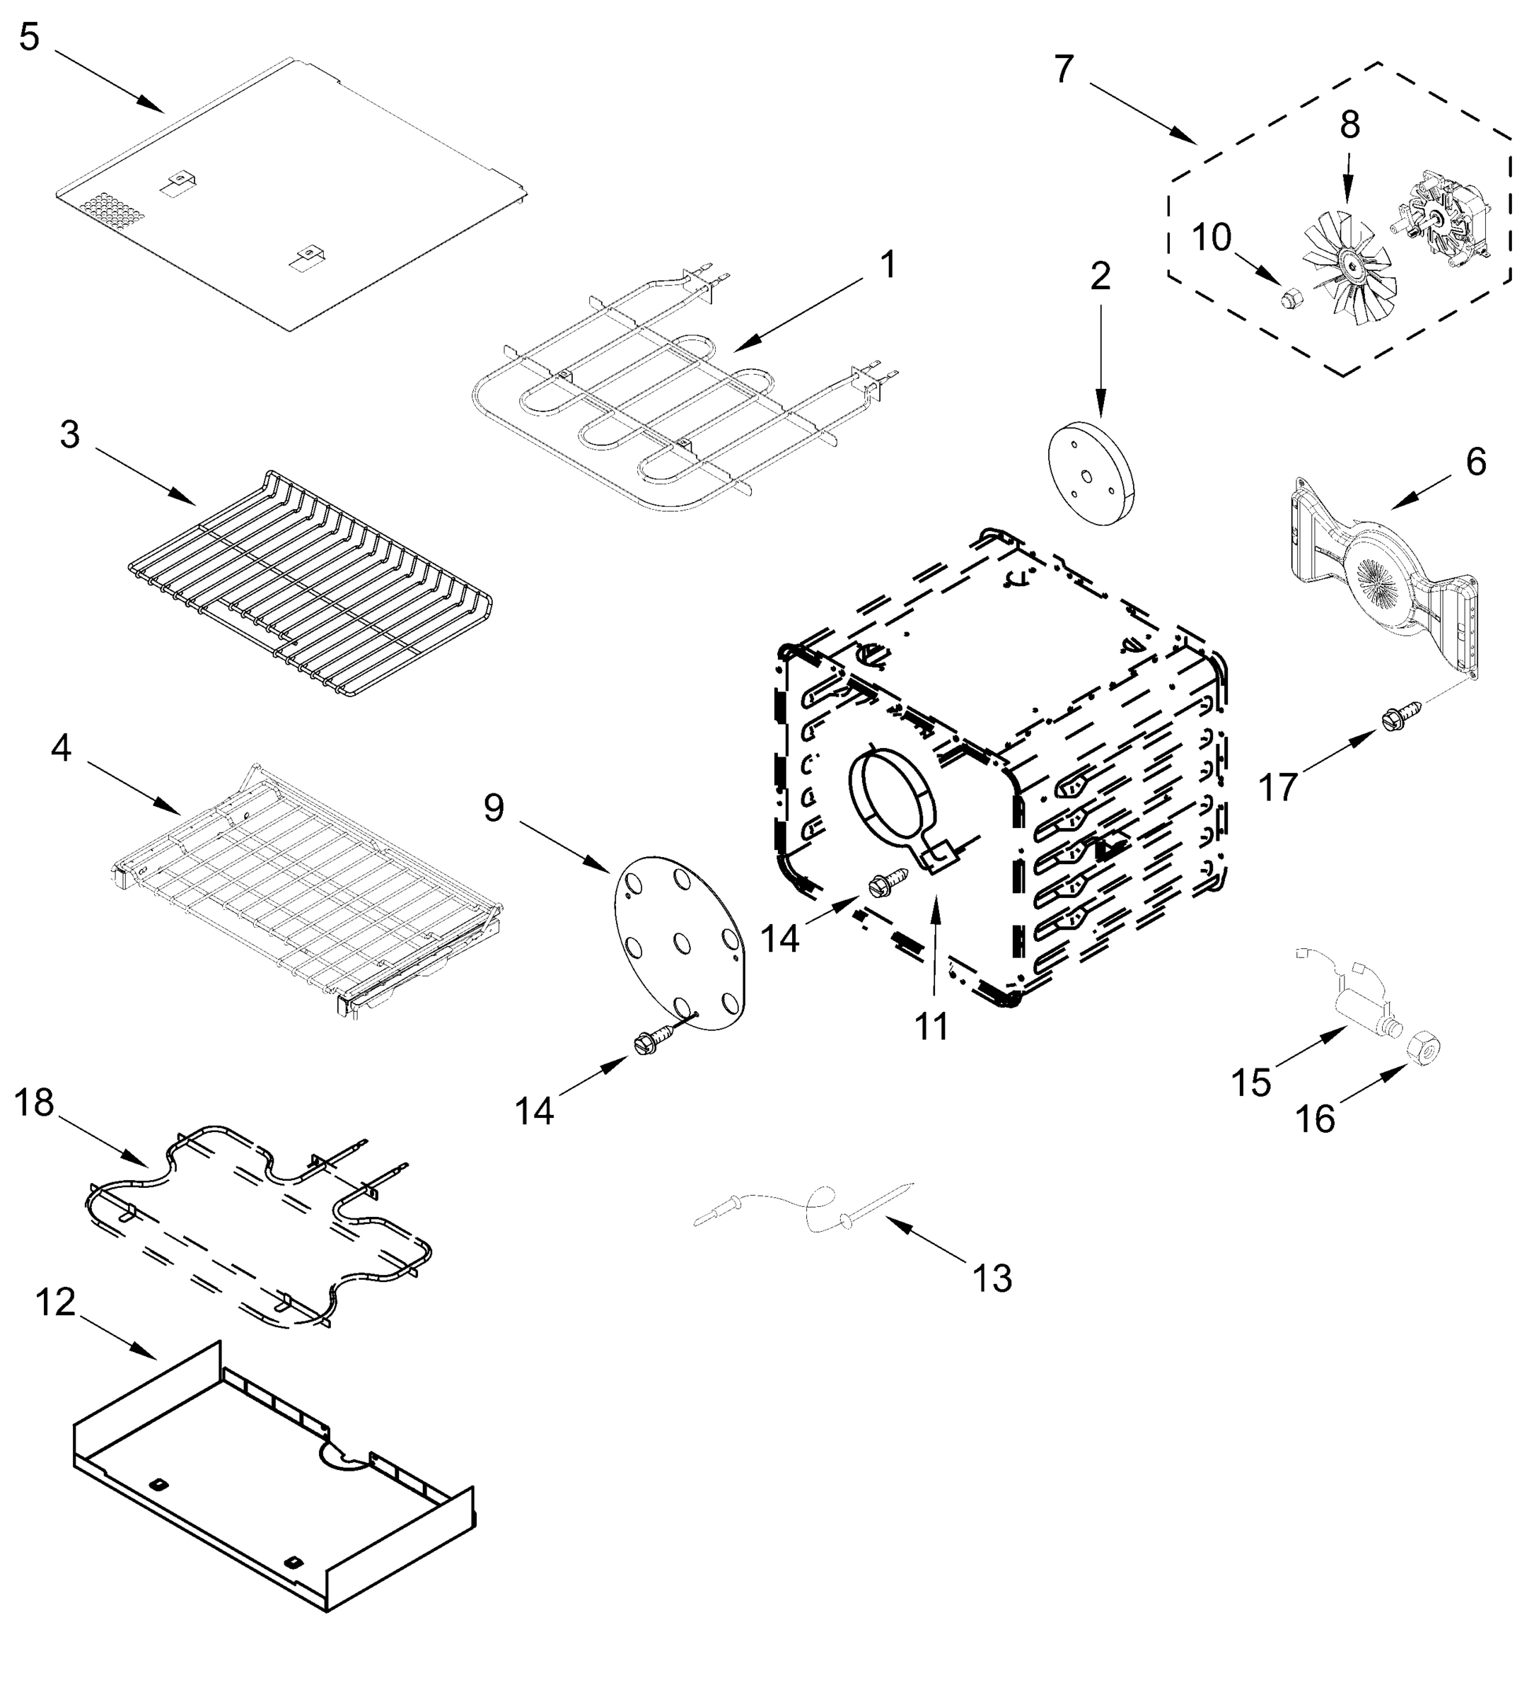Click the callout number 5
29,37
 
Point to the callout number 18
34,1104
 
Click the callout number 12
56,1302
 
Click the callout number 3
69,435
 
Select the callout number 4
61,748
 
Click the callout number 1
888,265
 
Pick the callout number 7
1063,69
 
